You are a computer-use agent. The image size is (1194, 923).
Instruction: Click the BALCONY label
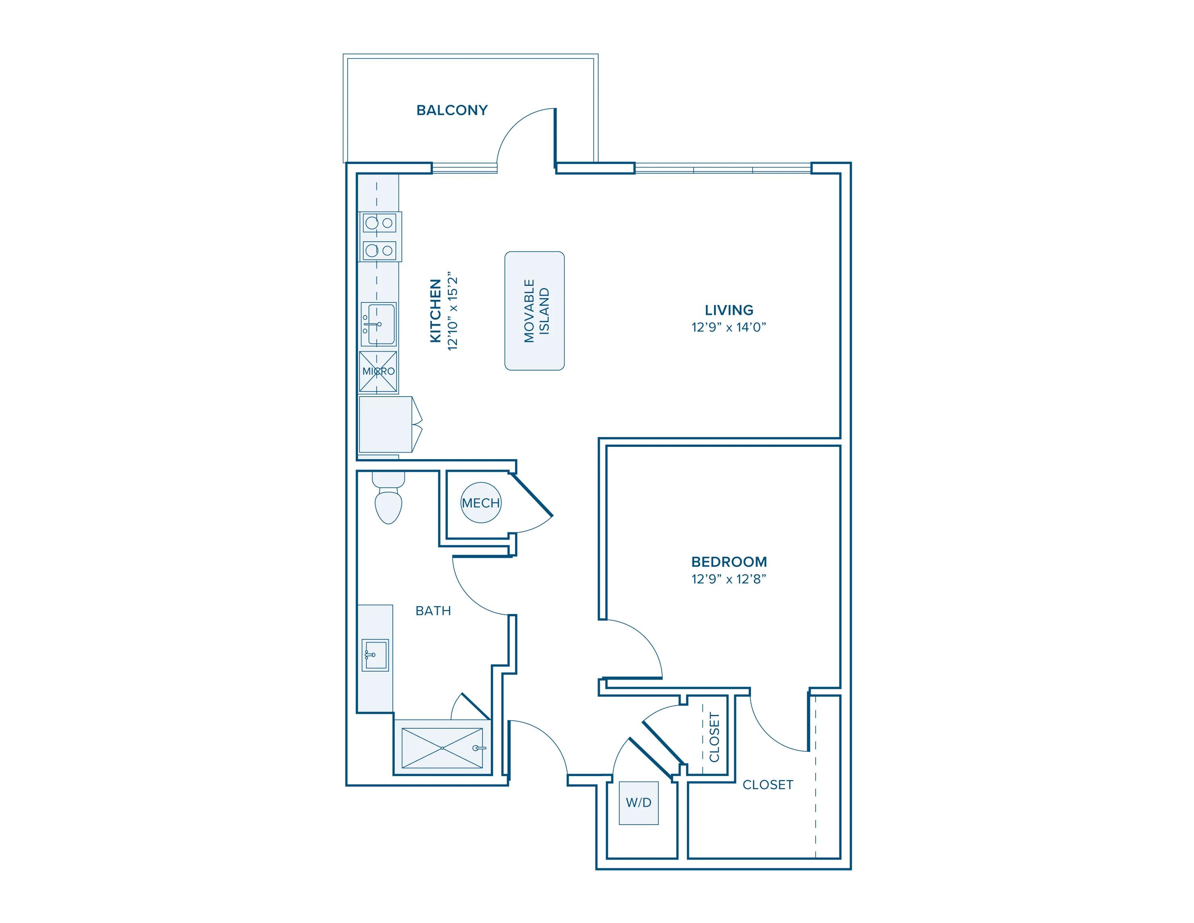point(452,110)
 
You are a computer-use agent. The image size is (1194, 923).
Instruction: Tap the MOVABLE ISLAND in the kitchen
point(534,311)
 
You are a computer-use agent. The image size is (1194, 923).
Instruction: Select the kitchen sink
point(379,324)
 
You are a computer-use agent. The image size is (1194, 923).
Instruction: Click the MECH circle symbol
point(480,503)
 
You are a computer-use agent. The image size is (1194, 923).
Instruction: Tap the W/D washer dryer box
point(638,803)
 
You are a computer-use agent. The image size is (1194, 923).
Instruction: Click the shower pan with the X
point(442,747)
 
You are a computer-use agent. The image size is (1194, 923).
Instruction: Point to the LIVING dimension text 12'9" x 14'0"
point(729,327)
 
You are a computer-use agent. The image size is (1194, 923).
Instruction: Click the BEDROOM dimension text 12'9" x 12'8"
point(729,579)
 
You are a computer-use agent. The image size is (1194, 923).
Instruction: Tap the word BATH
point(433,611)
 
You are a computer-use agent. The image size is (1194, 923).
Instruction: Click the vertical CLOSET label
point(714,737)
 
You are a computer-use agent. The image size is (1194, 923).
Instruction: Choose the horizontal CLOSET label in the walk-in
point(768,785)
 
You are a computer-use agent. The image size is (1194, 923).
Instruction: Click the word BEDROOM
point(729,561)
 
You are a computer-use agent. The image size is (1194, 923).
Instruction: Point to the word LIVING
point(729,310)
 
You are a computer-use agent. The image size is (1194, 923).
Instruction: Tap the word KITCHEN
point(435,311)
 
